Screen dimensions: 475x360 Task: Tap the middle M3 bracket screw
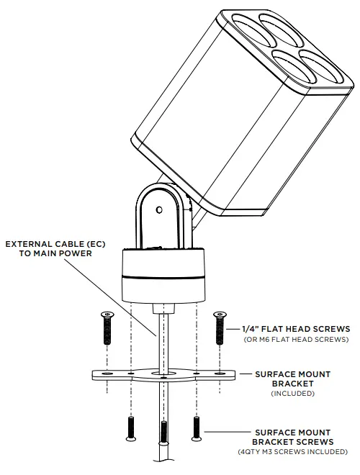click(x=164, y=431)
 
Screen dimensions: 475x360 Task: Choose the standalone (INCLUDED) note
click(x=293, y=394)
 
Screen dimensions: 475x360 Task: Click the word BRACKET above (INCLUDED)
click(x=293, y=384)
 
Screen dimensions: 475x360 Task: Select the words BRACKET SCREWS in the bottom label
click(x=293, y=441)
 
